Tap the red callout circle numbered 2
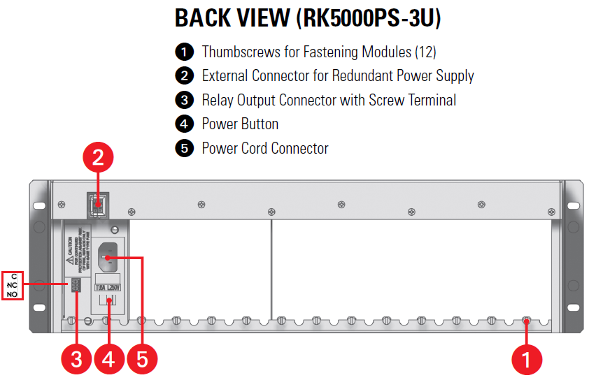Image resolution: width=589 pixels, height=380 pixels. [99, 159]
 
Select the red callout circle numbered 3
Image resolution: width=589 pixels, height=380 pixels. [76, 359]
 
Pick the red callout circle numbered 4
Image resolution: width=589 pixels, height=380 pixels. [108, 359]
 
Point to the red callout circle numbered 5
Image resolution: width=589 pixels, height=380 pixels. [142, 359]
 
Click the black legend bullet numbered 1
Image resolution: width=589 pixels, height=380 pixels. [183, 52]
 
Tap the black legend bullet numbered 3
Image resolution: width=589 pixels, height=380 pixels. [183, 100]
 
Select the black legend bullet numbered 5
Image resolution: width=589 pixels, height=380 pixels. [183, 148]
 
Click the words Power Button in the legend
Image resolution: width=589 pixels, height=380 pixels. [240, 124]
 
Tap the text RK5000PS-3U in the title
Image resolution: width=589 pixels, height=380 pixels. [369, 18]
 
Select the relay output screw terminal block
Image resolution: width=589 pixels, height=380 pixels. [74, 286]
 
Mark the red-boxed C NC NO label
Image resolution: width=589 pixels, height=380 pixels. [13, 286]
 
